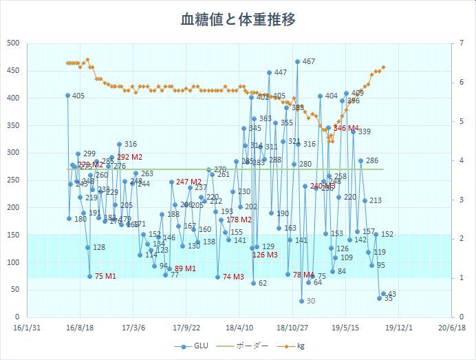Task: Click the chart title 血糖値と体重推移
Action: (x=238, y=19)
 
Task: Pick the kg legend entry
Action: (x=301, y=346)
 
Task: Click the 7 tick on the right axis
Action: (x=459, y=43)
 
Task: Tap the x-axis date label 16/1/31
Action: (x=28, y=328)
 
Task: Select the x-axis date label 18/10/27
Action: (x=292, y=328)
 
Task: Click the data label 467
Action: (x=308, y=62)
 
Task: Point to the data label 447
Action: (x=280, y=72)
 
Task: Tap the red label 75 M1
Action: (x=105, y=276)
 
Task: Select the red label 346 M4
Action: (x=346, y=128)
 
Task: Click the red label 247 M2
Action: (x=188, y=182)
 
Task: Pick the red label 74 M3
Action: (x=233, y=277)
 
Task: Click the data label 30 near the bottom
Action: (x=310, y=301)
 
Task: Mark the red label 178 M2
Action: (x=239, y=220)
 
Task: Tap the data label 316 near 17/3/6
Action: (x=130, y=145)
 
